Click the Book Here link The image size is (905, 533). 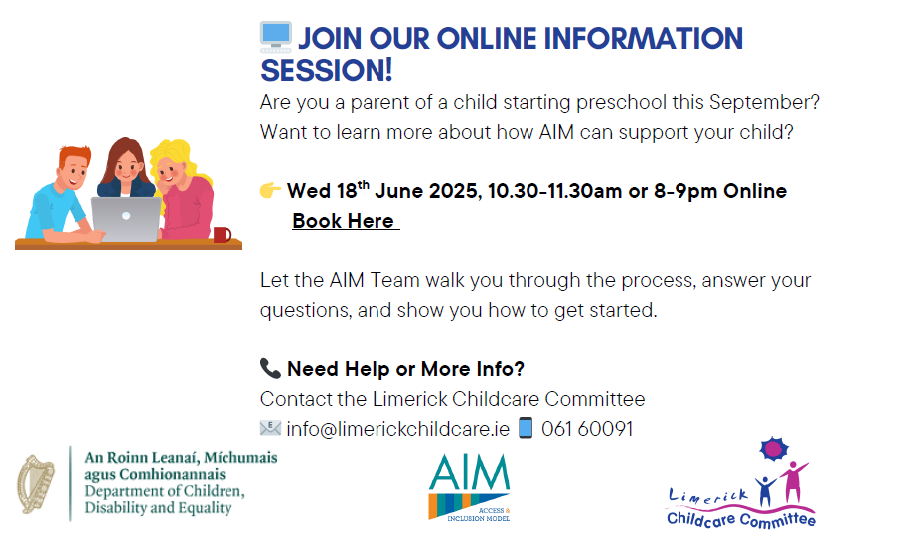click(345, 221)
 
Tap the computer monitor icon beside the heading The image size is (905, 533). click(276, 37)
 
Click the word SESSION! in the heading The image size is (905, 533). click(327, 70)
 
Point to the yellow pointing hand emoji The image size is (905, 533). click(270, 189)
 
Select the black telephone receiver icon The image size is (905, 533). click(270, 368)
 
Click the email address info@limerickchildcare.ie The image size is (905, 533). click(398, 429)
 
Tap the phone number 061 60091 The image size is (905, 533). click(587, 429)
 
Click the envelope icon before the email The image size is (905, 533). click(270, 428)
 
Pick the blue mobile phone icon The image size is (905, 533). click(526, 428)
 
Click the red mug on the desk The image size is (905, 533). click(223, 234)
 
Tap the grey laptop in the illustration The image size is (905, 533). click(126, 219)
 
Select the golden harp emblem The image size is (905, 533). click(35, 484)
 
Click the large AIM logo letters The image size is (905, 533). click(469, 471)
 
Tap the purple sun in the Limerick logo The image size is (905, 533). click(774, 448)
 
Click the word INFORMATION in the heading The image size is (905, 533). click(643, 38)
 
